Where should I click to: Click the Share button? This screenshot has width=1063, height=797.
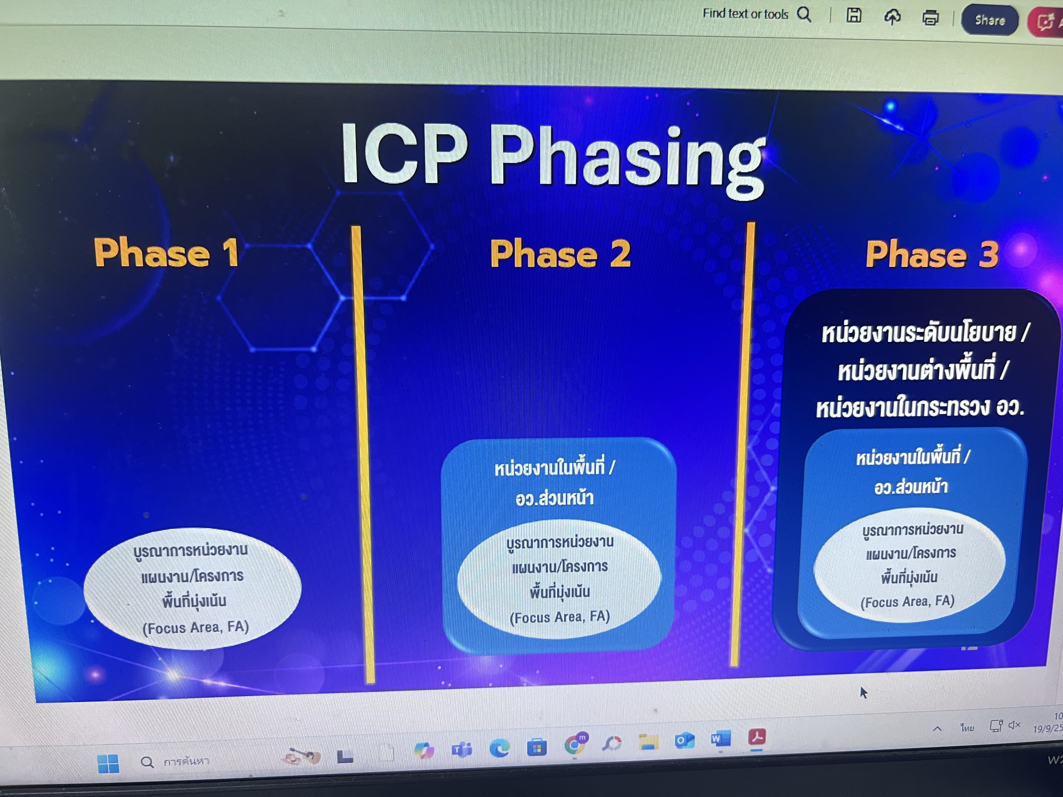tap(989, 20)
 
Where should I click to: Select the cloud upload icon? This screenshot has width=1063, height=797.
tap(892, 17)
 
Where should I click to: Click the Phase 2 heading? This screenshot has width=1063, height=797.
tap(560, 254)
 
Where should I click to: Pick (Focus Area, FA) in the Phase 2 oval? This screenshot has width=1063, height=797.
tap(560, 617)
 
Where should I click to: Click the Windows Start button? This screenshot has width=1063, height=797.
tap(108, 763)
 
